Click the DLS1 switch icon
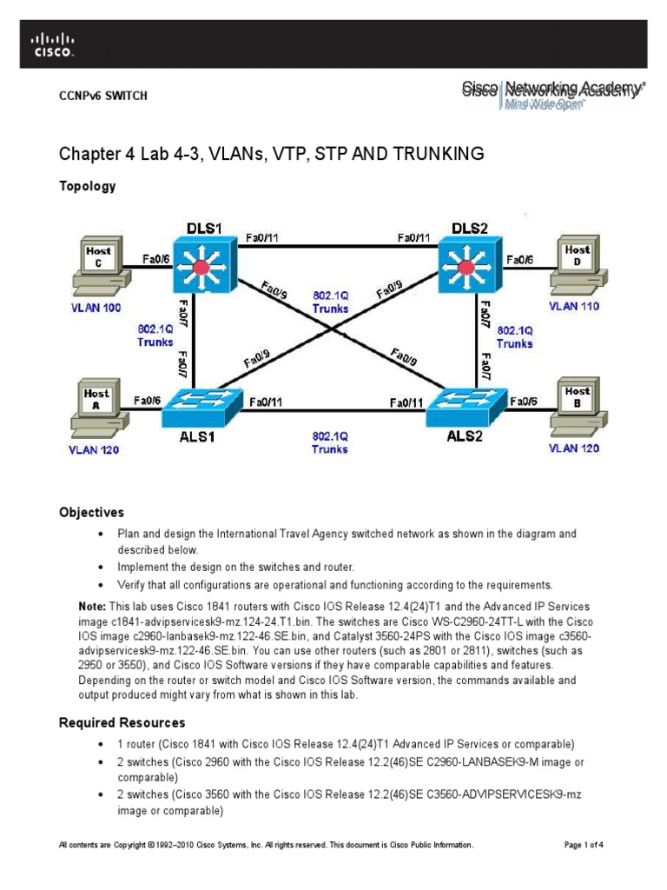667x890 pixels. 203,265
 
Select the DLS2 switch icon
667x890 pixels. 465,265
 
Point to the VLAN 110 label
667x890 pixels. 573,307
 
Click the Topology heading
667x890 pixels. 87,186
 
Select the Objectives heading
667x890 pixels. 91,513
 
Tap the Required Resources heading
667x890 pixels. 122,722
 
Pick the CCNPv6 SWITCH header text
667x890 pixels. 102,96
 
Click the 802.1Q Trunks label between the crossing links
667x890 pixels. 330,302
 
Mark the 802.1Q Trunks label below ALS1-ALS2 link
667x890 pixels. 330,442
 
